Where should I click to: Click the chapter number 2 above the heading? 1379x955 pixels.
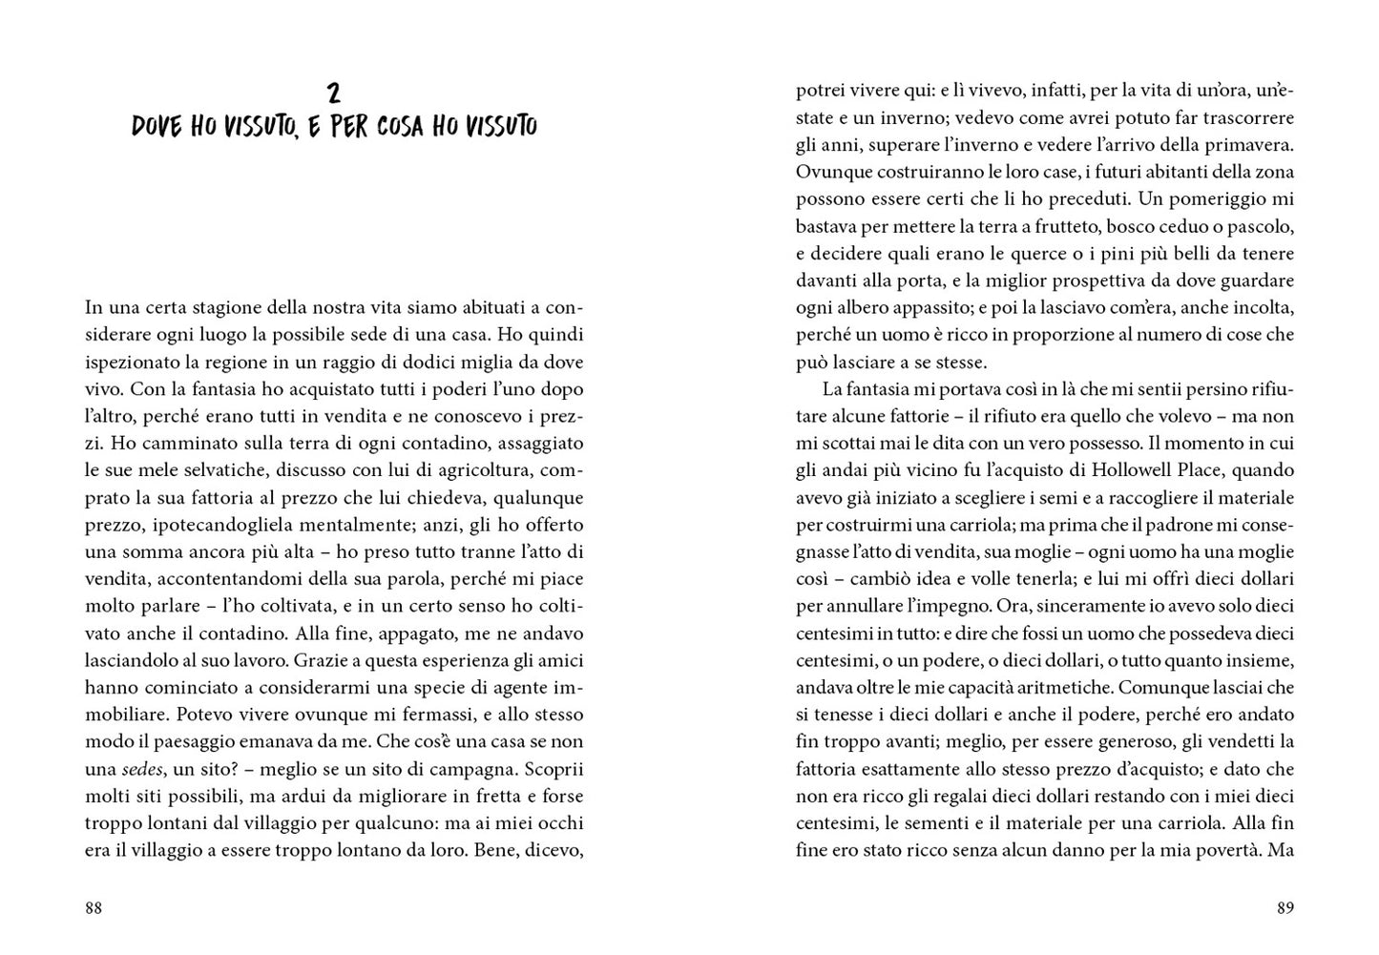pos(333,93)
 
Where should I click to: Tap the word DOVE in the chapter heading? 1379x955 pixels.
pos(157,127)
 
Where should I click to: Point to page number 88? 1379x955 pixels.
pos(94,908)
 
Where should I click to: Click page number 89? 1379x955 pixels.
pos(1285,908)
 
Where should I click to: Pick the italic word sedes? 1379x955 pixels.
pos(141,769)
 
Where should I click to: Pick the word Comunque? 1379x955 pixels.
pos(1158,687)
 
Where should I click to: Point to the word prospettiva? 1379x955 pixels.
pos(1088,281)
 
